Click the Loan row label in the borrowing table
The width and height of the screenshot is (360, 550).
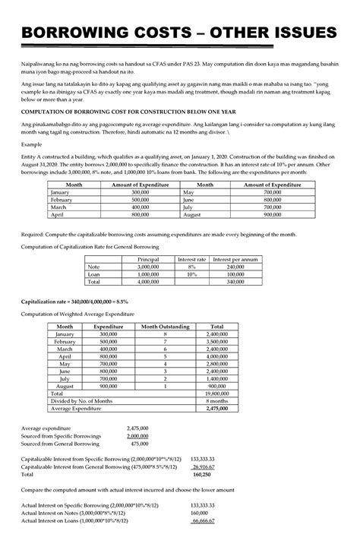pyautogui.click(x=94, y=274)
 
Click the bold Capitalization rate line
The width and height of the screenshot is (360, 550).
pyautogui.click(x=74, y=302)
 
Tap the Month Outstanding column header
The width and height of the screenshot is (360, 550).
pyautogui.click(x=164, y=326)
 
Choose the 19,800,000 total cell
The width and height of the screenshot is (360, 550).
pyautogui.click(x=217, y=394)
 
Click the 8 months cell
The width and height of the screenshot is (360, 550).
pyautogui.click(x=217, y=401)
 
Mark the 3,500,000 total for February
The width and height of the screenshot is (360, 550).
pyautogui.click(x=217, y=341)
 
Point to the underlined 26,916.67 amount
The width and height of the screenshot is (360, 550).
pyautogui.click(x=201, y=466)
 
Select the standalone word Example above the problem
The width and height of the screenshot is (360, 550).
pyautogui.click(x=31, y=143)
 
